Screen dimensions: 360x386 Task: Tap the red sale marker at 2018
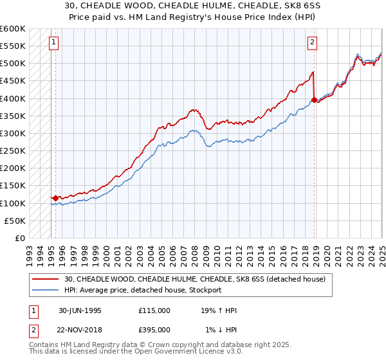[314, 100]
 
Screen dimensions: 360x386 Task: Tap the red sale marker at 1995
[56, 198]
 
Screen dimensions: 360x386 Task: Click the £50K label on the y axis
[15, 221]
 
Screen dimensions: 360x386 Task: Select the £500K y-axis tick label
[13, 63]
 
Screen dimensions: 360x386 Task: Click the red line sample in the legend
[48, 279]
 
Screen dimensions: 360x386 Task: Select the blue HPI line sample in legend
[48, 290]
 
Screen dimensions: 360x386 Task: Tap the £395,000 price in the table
[154, 329]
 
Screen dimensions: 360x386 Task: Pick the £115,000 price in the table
[154, 310]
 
